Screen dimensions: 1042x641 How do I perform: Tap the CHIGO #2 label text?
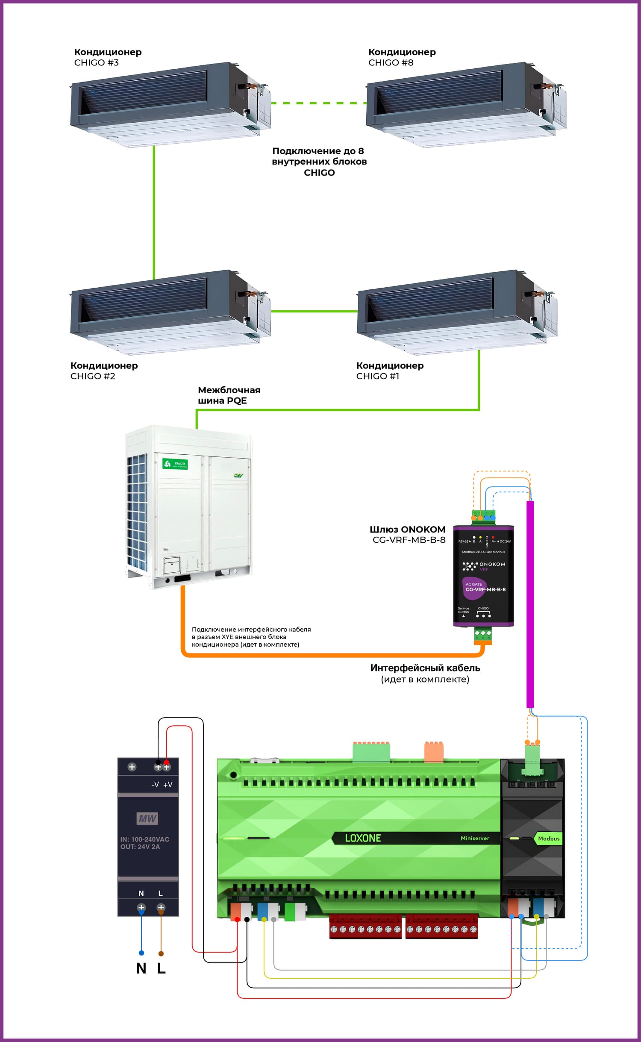coord(93,376)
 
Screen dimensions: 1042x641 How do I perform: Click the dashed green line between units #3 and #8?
coord(318,103)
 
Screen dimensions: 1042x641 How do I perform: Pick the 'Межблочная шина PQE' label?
coord(229,395)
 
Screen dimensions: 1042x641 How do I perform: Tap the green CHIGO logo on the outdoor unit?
coord(175,464)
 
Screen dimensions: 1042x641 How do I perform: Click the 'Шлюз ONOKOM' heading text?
coord(407,529)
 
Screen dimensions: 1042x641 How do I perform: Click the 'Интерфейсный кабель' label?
coord(425,668)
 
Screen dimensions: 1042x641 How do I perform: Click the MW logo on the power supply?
coord(147,818)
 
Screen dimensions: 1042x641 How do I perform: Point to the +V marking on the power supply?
coord(168,785)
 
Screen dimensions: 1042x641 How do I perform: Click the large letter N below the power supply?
coord(141,968)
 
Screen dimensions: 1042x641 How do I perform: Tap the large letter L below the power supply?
coord(161,968)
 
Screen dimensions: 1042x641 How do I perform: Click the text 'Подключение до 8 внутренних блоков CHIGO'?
coord(319,162)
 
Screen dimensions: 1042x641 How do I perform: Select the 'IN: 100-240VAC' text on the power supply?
coord(145,839)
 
